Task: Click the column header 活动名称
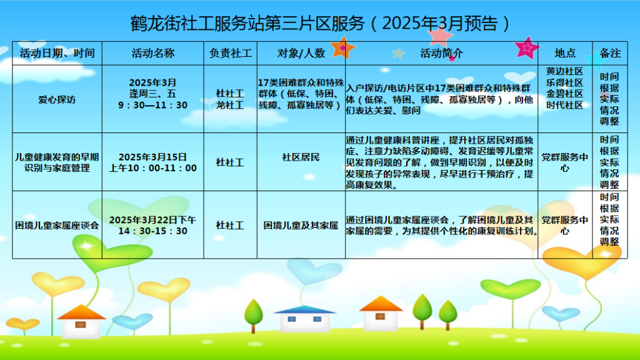point(153,53)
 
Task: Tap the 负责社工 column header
point(231,53)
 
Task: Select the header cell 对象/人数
point(301,53)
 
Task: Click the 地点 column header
point(565,53)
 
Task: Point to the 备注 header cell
point(610,53)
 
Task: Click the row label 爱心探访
point(57,99)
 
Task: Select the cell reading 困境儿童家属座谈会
point(57,225)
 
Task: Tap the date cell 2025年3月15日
point(152,157)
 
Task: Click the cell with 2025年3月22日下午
point(152,220)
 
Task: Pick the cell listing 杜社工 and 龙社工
point(230,99)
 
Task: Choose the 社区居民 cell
point(301,157)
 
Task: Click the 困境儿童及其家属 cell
point(301,225)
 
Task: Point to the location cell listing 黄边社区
point(565,88)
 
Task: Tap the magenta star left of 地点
point(527,48)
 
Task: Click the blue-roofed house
point(304,318)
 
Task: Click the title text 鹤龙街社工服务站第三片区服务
point(247,24)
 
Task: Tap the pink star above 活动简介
point(440,35)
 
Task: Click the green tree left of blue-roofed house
point(254,316)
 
